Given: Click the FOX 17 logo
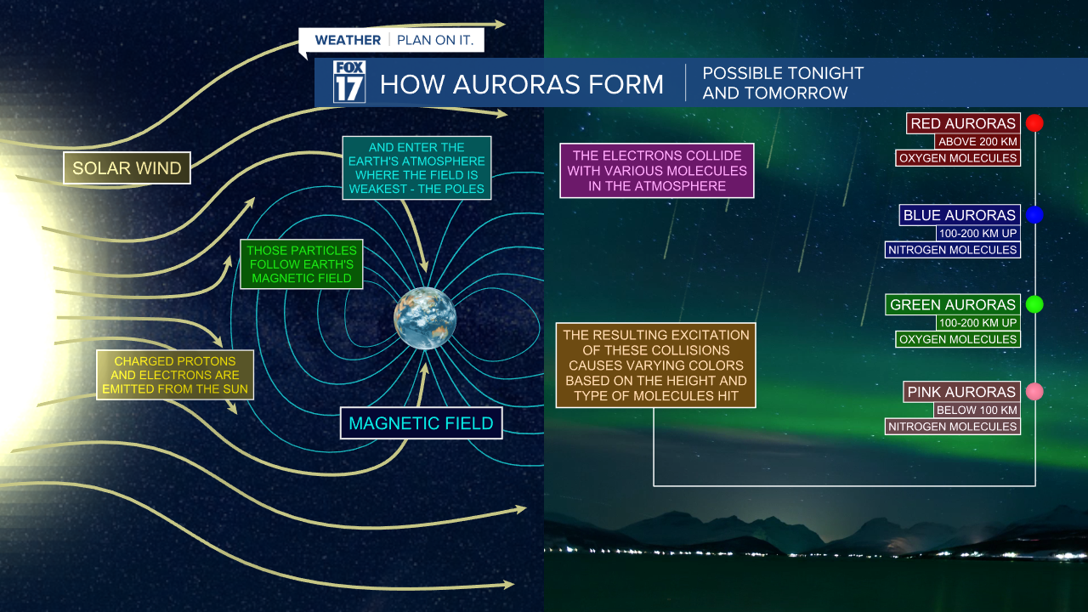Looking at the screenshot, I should click(349, 82).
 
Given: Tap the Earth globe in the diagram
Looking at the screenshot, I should click(425, 319).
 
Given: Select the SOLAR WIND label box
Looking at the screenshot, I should click(127, 168).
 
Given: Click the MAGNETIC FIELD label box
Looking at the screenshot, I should click(422, 423).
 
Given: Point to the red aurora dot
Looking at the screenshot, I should click(1034, 123).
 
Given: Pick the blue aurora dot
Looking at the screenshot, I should click(1034, 215).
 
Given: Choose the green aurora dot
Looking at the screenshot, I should click(1034, 304).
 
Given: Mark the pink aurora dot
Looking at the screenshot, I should click(1034, 392).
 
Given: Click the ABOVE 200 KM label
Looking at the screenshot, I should click(977, 142).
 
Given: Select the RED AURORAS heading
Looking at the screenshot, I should click(963, 124).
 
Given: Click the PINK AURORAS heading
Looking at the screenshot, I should click(961, 392).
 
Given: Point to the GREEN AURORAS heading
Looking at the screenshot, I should click(953, 304).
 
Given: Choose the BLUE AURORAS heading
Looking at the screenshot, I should click(960, 215).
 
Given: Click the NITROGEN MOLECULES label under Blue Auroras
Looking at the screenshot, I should click(952, 250).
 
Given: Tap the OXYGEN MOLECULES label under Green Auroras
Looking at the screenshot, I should click(958, 339).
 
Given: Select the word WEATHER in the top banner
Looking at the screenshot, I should click(348, 41).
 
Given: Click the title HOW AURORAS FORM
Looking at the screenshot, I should click(521, 84).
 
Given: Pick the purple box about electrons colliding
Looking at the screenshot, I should click(657, 170).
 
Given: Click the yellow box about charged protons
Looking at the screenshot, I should click(175, 375).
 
